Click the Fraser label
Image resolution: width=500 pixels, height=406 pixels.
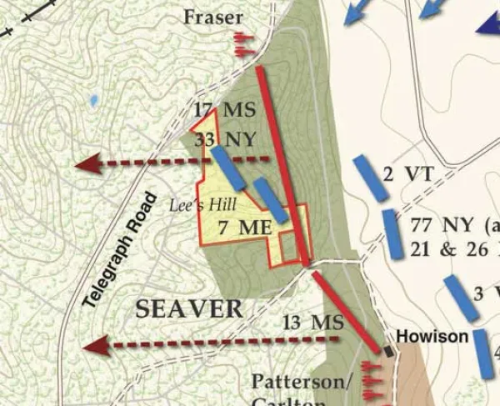214,17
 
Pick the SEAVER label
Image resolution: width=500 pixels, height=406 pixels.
189,308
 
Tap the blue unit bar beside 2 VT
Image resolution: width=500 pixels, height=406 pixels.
370,178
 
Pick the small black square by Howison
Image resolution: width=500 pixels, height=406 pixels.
389,353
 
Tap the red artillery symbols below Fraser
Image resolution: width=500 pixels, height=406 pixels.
242,44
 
